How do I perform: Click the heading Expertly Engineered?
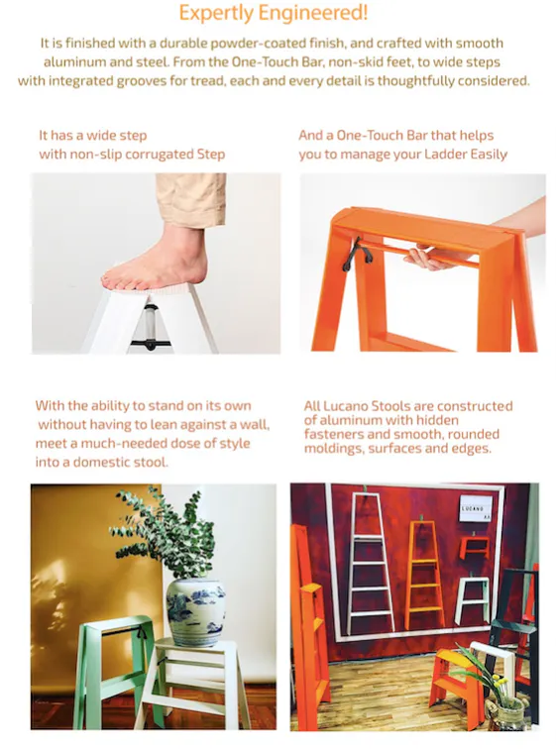(274, 13)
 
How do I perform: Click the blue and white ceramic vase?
(196, 612)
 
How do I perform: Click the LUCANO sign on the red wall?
(476, 508)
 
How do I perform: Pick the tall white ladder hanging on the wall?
(371, 564)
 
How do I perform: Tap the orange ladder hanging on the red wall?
(424, 575)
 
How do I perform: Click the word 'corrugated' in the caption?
(160, 155)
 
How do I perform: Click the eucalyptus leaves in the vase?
(164, 534)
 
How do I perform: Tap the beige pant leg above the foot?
(190, 199)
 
